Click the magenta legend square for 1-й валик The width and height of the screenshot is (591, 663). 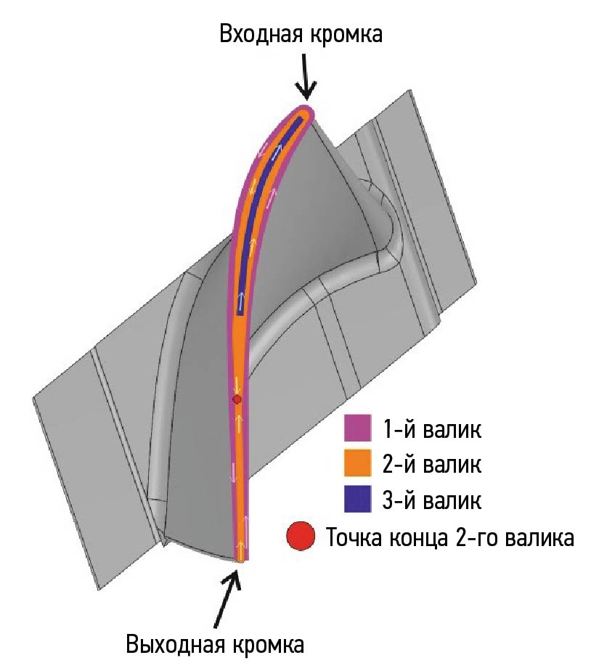[358, 428]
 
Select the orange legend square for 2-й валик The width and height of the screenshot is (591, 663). [358, 463]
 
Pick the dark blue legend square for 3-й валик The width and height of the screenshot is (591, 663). [358, 499]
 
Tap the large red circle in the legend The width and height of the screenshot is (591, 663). [301, 536]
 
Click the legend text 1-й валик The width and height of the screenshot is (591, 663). [432, 428]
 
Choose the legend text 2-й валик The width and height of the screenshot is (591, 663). [432, 464]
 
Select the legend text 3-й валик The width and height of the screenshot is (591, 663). [432, 500]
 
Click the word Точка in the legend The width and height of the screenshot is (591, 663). [354, 538]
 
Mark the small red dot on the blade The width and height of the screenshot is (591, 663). [237, 399]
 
